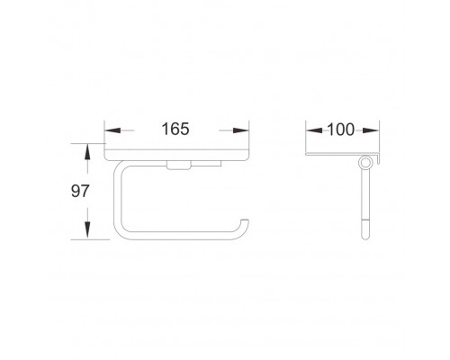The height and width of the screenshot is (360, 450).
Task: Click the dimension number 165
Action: [x=175, y=129]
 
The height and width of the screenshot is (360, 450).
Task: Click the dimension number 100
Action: [x=340, y=130]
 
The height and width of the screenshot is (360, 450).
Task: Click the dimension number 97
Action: [x=80, y=191]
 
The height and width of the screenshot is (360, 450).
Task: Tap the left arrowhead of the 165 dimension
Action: [x=112, y=130]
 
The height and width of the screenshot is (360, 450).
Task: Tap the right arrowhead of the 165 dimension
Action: [x=240, y=130]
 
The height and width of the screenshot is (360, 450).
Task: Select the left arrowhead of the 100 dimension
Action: [x=314, y=130]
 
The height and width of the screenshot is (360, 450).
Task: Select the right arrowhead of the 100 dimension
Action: [x=371, y=130]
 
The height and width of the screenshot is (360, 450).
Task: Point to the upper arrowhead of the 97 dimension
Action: [x=87, y=152]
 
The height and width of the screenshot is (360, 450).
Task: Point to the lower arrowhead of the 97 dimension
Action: [x=87, y=230]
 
